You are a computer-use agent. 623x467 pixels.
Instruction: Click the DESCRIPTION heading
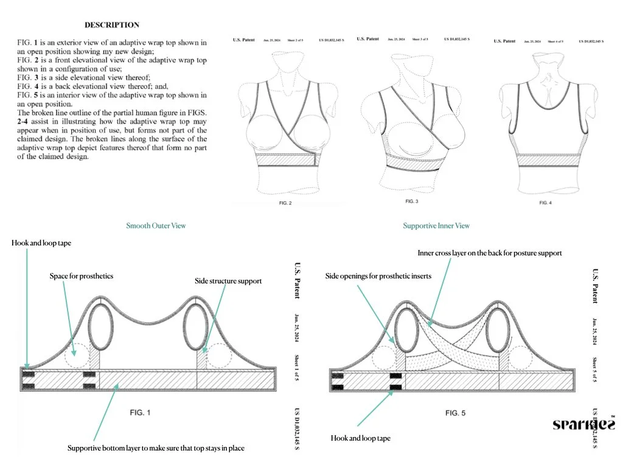pyautogui.click(x=111, y=25)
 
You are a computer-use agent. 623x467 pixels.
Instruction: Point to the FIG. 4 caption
pyautogui.click(x=545, y=202)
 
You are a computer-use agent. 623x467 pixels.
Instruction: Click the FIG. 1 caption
pyautogui.click(x=140, y=412)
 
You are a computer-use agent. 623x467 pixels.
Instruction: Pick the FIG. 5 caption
pyautogui.click(x=455, y=413)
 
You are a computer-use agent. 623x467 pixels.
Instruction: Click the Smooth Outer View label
pyautogui.click(x=156, y=226)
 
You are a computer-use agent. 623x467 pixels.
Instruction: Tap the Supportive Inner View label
pyautogui.click(x=436, y=226)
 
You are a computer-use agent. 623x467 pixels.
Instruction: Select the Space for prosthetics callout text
pyautogui.click(x=82, y=276)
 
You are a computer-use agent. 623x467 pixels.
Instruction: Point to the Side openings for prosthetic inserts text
pyautogui.click(x=378, y=276)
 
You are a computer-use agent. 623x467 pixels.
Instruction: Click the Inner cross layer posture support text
pyautogui.click(x=490, y=252)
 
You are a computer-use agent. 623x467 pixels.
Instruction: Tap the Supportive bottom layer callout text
pyautogui.click(x=156, y=449)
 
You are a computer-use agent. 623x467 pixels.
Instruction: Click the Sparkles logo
pyautogui.click(x=583, y=424)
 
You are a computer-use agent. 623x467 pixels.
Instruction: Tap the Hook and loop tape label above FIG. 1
pyautogui.click(x=41, y=243)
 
